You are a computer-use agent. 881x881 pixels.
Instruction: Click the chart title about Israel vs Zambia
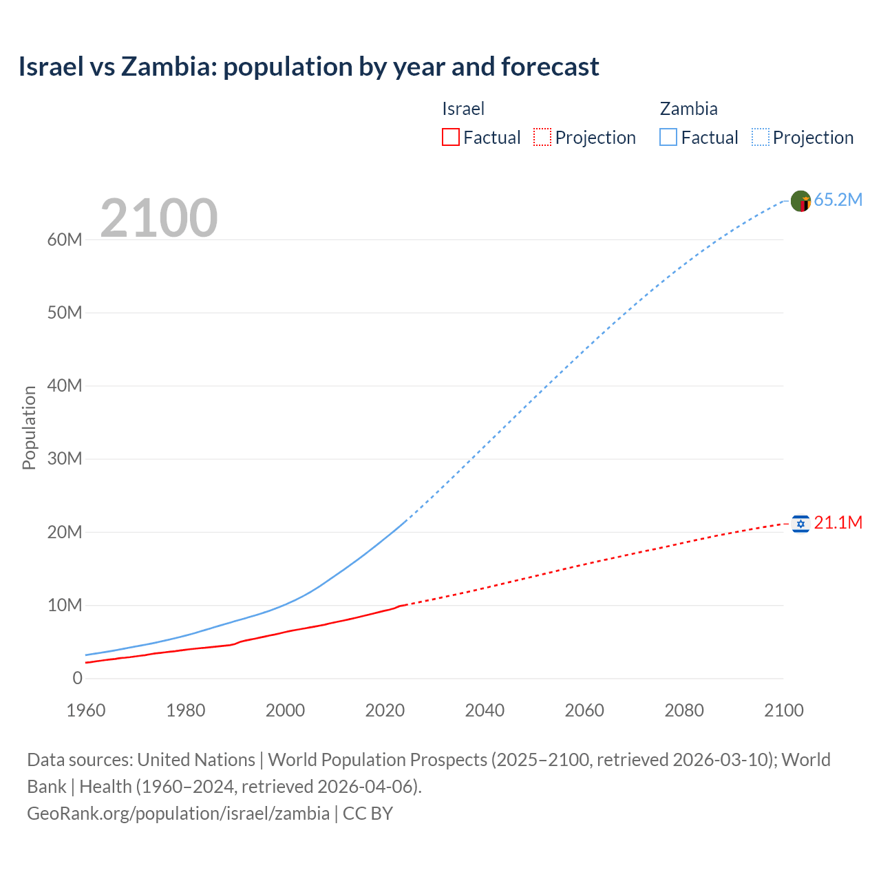point(308,67)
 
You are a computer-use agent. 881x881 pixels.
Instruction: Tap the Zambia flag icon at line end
point(800,201)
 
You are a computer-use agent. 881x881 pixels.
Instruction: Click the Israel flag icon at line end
point(800,524)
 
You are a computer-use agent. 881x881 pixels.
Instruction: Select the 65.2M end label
point(838,200)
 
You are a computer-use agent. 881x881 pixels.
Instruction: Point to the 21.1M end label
point(838,522)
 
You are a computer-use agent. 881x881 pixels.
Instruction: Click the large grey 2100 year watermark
point(159,218)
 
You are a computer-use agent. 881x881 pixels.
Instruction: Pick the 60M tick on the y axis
point(65,240)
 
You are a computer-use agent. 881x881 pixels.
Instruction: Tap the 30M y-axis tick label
point(65,458)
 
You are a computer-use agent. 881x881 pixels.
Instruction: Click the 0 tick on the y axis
point(77,678)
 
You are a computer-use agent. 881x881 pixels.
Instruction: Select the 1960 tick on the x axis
point(86,710)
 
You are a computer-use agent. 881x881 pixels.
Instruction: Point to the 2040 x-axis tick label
point(485,710)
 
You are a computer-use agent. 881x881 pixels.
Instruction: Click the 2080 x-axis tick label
point(684,710)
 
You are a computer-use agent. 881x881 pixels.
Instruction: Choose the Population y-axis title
point(29,427)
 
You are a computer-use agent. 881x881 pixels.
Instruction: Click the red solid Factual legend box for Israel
point(450,137)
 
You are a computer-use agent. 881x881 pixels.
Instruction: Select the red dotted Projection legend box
point(542,137)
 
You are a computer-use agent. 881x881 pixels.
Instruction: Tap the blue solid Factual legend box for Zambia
point(668,137)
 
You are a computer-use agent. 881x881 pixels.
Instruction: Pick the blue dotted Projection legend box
point(761,137)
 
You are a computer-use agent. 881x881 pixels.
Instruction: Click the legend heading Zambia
point(688,109)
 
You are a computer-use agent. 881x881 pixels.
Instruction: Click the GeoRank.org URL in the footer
point(178,813)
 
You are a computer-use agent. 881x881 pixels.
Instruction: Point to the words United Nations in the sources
point(196,759)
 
